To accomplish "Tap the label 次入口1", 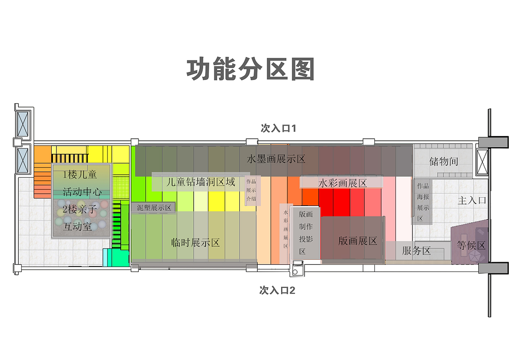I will coord(279,128).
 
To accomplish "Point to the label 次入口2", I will coord(277,290).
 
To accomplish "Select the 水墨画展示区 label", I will coord(276,160).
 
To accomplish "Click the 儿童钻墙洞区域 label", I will coord(201,182).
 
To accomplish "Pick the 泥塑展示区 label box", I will coord(153,208).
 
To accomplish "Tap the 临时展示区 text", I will coord(195,242).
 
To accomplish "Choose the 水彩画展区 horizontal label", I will coord(342,183).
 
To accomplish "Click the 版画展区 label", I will coord(357,241).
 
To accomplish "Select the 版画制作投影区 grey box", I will coord(306,233).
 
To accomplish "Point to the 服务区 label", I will coord(416,251).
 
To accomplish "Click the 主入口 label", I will coord(472,200).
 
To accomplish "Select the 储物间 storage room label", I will coord(444,161).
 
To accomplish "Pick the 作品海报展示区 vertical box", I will coord(423,202).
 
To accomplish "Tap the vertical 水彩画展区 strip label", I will coord(286,229).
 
